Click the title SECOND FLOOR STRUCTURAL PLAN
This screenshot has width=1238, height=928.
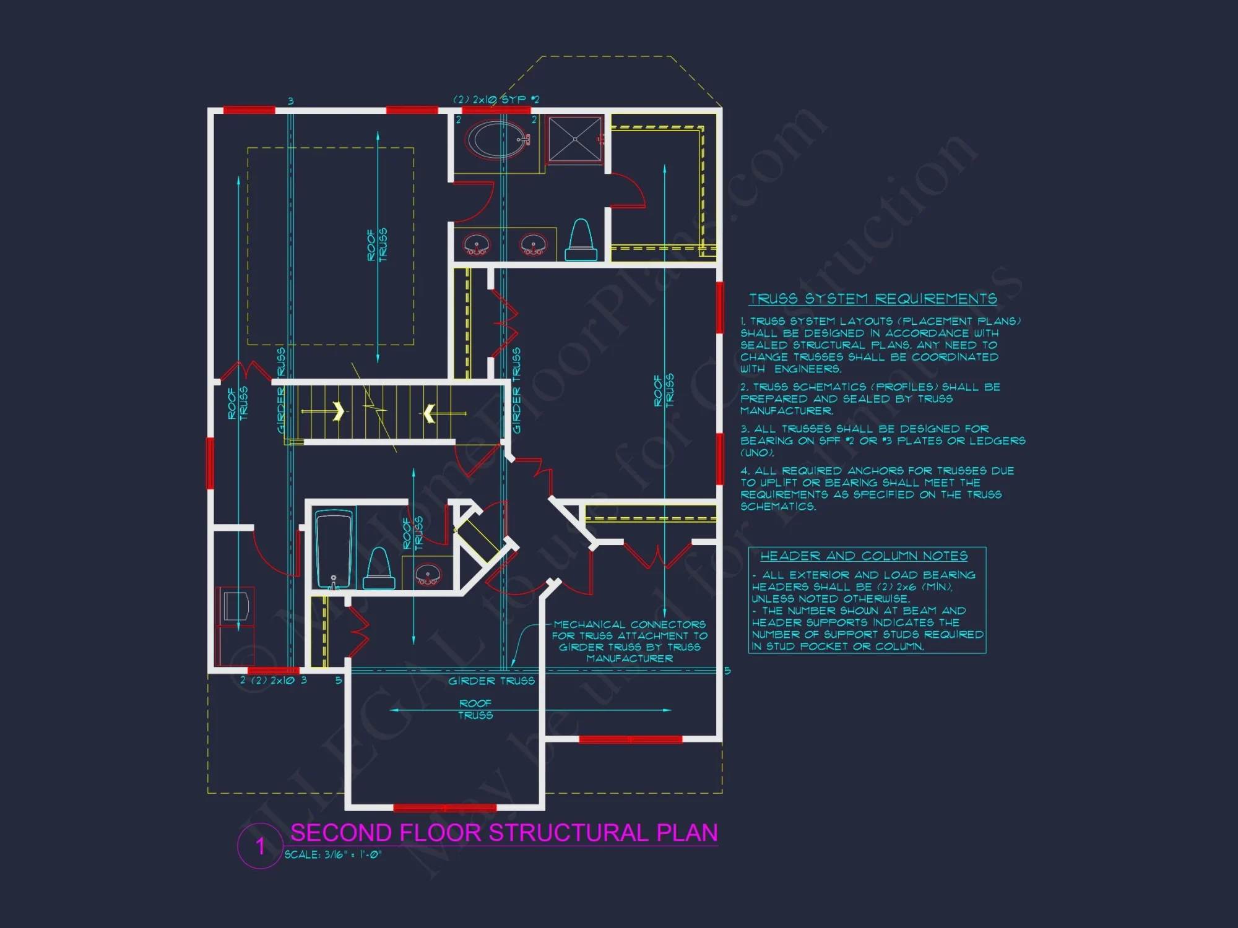point(504,833)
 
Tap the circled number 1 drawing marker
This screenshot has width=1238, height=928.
point(260,846)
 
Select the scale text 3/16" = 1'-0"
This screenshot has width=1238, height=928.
point(333,855)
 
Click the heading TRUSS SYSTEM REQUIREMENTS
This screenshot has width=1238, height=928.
point(873,299)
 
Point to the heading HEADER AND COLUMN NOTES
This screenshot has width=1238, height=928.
point(864,556)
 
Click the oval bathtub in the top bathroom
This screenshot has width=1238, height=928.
point(496,139)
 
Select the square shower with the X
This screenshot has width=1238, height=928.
point(575,140)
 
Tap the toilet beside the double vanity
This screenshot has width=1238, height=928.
point(581,240)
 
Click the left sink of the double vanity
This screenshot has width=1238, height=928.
point(476,245)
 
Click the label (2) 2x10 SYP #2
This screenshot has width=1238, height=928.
point(496,99)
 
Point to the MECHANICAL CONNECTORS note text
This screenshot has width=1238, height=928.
point(630,642)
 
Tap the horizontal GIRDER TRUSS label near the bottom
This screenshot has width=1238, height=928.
point(491,681)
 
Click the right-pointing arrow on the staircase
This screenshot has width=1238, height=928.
point(338,411)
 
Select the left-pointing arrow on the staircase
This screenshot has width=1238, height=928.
point(429,413)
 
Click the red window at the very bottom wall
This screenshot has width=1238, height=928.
point(444,807)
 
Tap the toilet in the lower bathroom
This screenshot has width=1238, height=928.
point(379,569)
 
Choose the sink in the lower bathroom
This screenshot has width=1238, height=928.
point(427,575)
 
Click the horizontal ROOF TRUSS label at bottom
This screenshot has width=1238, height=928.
point(475,709)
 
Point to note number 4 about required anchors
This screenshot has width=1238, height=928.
point(877,489)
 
